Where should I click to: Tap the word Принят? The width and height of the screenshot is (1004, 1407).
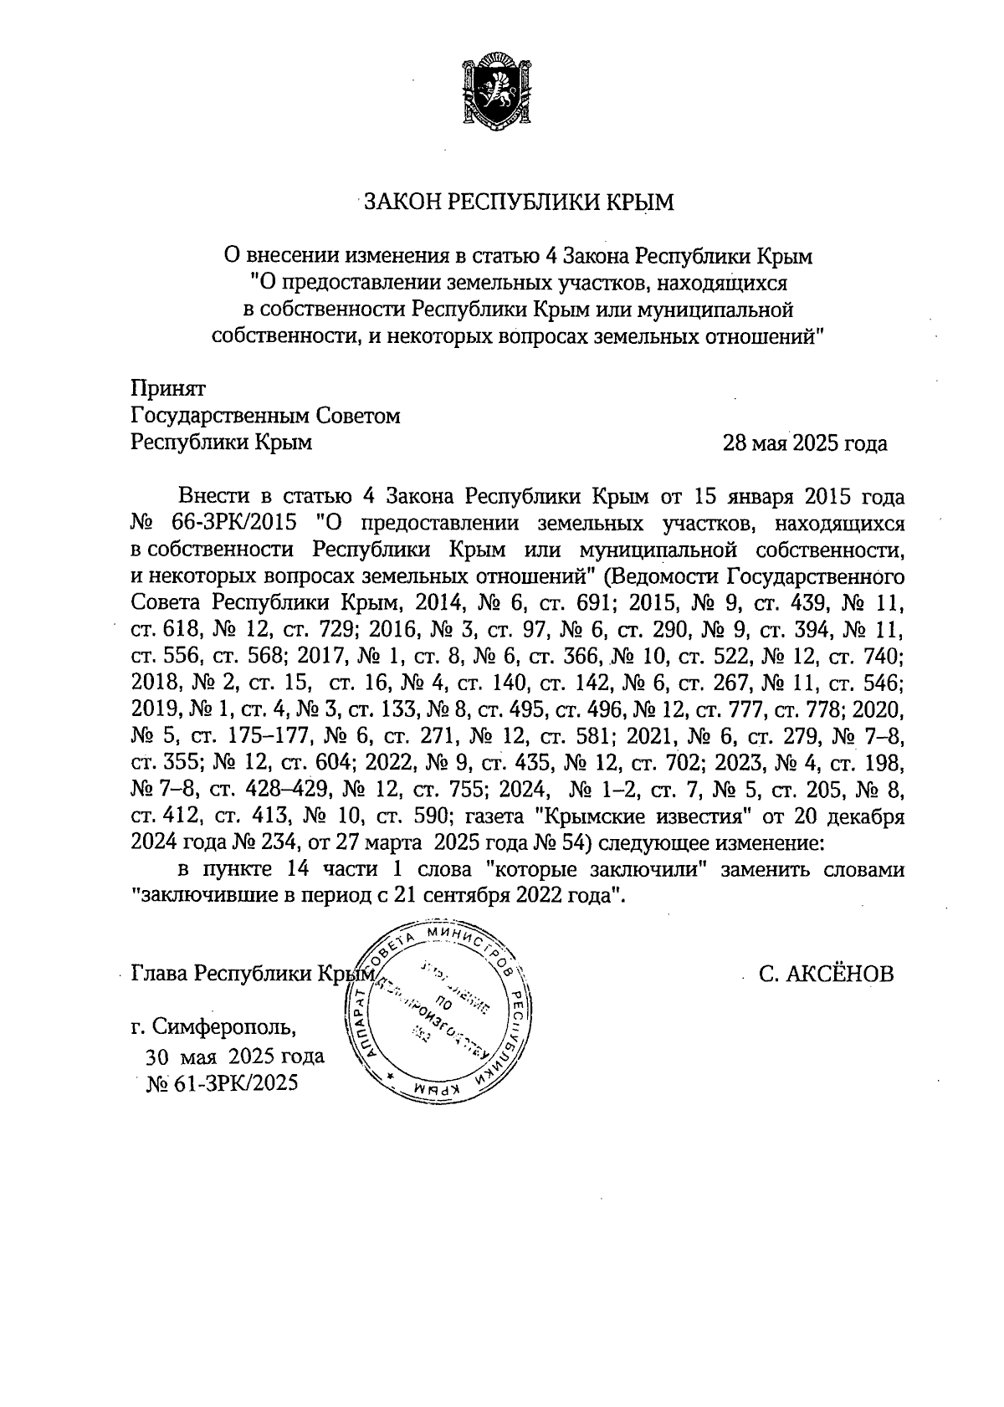coord(167,387)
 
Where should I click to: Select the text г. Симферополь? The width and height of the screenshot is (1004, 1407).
coord(214,1025)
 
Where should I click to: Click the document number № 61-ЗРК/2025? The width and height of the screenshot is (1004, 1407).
coord(222,1084)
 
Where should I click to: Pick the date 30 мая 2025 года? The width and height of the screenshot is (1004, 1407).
coord(235,1056)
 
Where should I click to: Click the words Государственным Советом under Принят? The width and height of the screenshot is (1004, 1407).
coord(265,416)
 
